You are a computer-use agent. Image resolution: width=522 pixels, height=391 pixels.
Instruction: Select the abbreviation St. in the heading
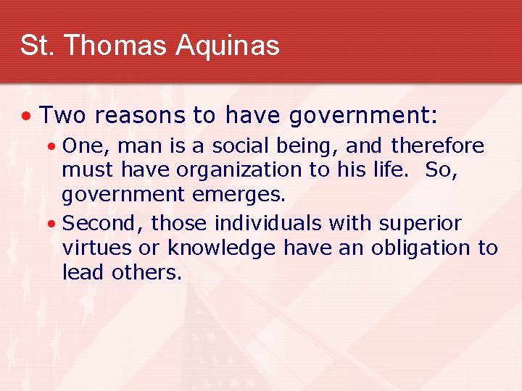[35, 45]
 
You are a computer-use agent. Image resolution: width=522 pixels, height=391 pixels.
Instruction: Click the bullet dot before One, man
[49, 147]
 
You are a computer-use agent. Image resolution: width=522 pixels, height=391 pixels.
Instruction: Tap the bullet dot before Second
[49, 224]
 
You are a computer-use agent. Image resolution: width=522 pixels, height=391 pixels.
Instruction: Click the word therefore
[437, 146]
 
